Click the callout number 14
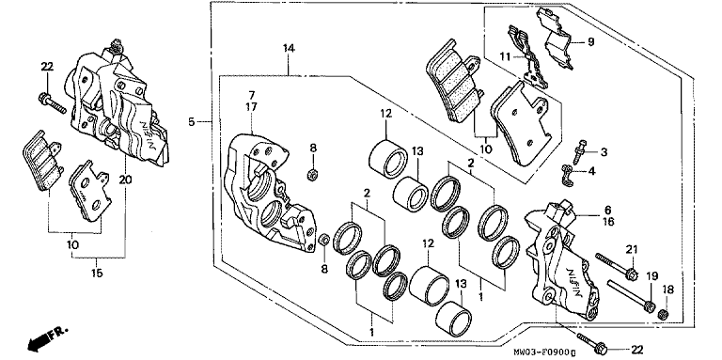point(289,48)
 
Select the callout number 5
point(192,121)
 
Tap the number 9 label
point(590,42)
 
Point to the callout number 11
point(506,56)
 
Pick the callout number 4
point(591,171)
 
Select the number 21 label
point(632,249)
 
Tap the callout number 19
point(651,276)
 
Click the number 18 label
point(667,290)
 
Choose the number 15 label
point(97,273)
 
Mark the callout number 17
point(252,107)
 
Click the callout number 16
point(608,222)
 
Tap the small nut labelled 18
point(664,315)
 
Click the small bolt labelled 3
point(578,152)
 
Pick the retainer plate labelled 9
point(556,39)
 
